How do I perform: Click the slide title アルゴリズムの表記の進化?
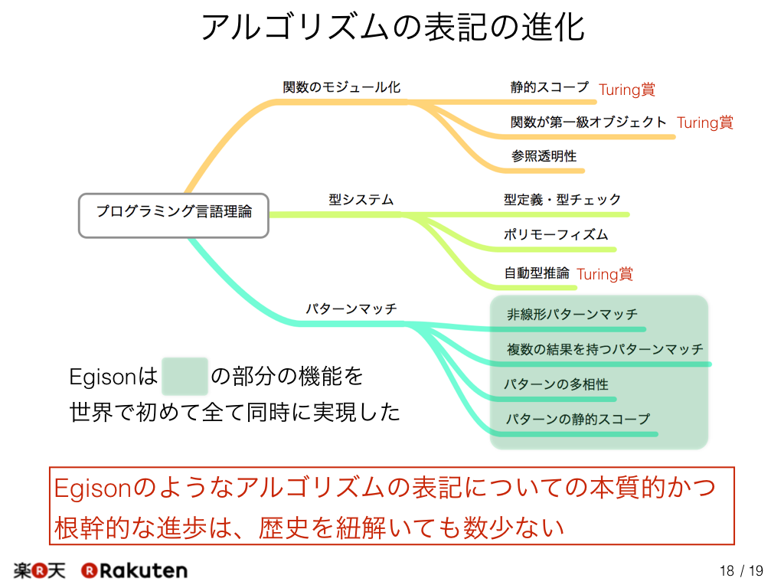pos(393,27)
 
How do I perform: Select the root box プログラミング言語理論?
pos(174,215)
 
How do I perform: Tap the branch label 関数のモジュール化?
pos(341,87)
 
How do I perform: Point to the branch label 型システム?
pos(361,200)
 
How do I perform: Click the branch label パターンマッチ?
pos(351,309)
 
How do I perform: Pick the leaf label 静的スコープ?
pos(550,87)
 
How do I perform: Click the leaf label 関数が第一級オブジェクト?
pos(589,122)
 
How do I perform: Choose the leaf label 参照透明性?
pos(544,156)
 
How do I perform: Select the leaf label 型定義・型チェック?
pos(562,200)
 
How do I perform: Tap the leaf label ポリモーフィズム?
pos(556,234)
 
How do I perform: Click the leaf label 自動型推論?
pos(537,273)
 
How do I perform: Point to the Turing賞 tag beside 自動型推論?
pos(605,274)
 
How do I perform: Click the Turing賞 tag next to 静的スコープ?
pos(627,90)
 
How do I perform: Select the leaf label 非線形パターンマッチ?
pos(572,314)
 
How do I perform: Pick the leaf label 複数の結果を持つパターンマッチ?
pos(605,349)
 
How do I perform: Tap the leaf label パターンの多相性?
pos(556,384)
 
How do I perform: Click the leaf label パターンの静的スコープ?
pos(577,419)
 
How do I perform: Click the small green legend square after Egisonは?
pos(185,377)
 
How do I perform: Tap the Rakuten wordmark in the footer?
pos(134,570)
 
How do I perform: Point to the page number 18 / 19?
pos(741,570)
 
